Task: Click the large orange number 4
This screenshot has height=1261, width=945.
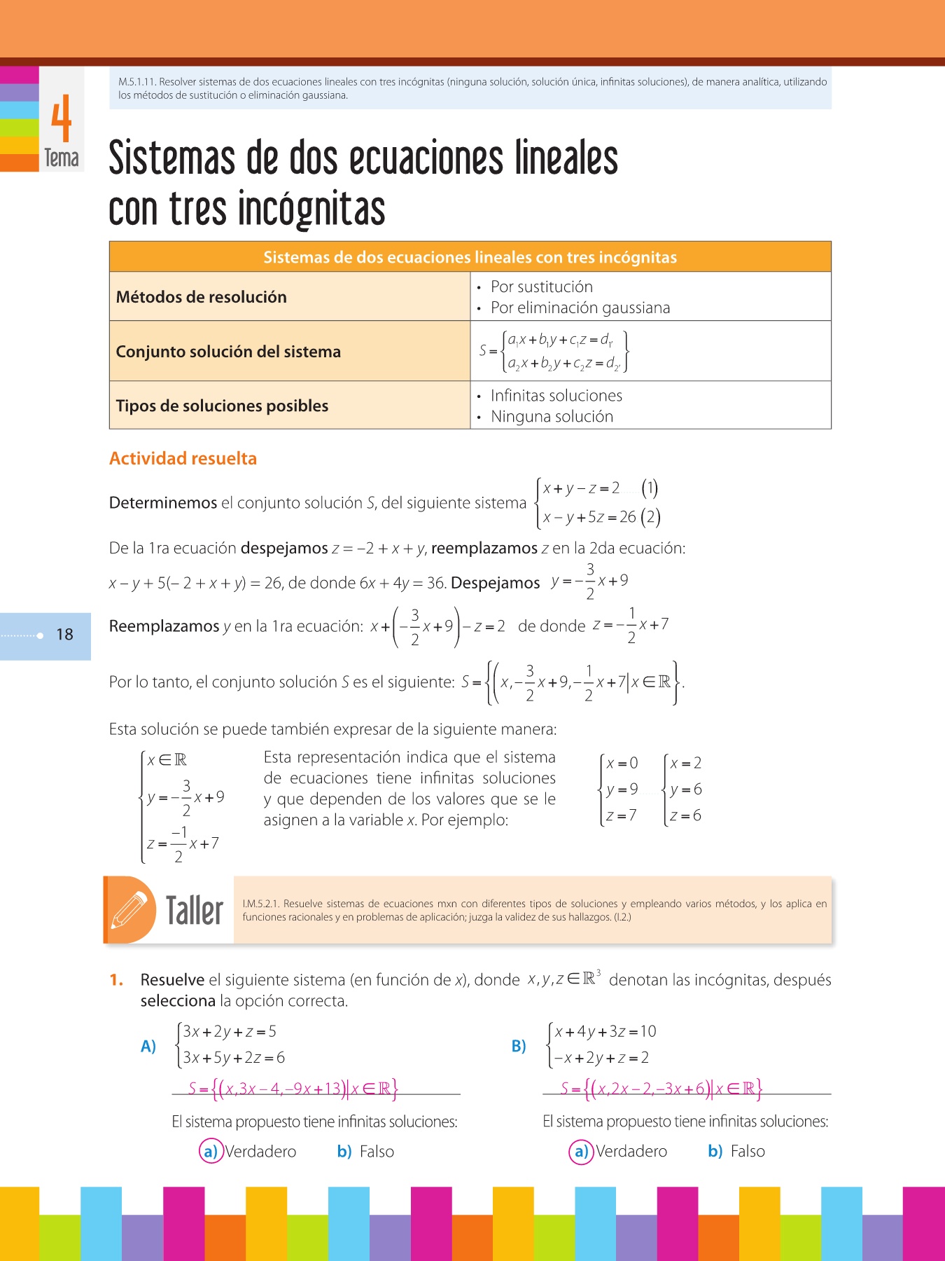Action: point(62,119)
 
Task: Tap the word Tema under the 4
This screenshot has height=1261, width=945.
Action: point(62,158)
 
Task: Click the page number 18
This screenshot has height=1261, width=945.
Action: point(64,635)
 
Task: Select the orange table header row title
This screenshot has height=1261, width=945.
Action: point(470,257)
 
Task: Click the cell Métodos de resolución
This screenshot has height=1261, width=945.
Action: point(202,297)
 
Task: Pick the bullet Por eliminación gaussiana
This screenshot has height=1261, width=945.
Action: point(580,308)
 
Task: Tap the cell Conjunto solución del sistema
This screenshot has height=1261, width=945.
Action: point(228,352)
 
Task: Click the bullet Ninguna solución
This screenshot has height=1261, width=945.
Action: point(552,416)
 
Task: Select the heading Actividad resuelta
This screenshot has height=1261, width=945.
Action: point(183,458)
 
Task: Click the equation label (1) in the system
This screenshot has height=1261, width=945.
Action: point(650,488)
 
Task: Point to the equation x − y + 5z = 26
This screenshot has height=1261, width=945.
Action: point(589,517)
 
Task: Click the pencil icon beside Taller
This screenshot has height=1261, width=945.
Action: point(129,909)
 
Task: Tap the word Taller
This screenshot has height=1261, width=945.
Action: point(195,911)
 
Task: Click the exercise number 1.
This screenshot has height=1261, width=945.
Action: point(116,980)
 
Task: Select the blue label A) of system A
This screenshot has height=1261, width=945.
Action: point(148,1046)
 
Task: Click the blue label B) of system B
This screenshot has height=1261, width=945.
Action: point(519,1046)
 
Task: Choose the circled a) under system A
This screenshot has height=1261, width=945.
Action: point(210,1151)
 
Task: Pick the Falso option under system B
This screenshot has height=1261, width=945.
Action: point(747,1151)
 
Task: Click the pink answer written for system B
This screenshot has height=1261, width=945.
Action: point(661,1088)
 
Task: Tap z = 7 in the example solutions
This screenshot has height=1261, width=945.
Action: point(621,815)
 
